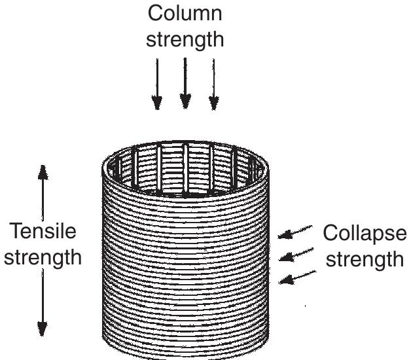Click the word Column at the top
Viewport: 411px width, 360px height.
click(185, 13)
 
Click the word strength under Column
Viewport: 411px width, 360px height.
click(185, 39)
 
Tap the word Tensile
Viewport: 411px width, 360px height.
click(43, 231)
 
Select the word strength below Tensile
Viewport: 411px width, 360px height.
click(43, 257)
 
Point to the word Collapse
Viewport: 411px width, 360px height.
click(365, 234)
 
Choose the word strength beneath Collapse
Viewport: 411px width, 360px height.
click(365, 259)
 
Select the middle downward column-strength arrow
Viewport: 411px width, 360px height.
click(185, 82)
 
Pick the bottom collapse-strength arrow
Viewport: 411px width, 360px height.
click(298, 277)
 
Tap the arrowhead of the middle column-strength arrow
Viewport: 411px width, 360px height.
click(185, 101)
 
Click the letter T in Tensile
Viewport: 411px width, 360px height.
click(14, 231)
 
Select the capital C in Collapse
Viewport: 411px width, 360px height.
click(331, 234)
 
